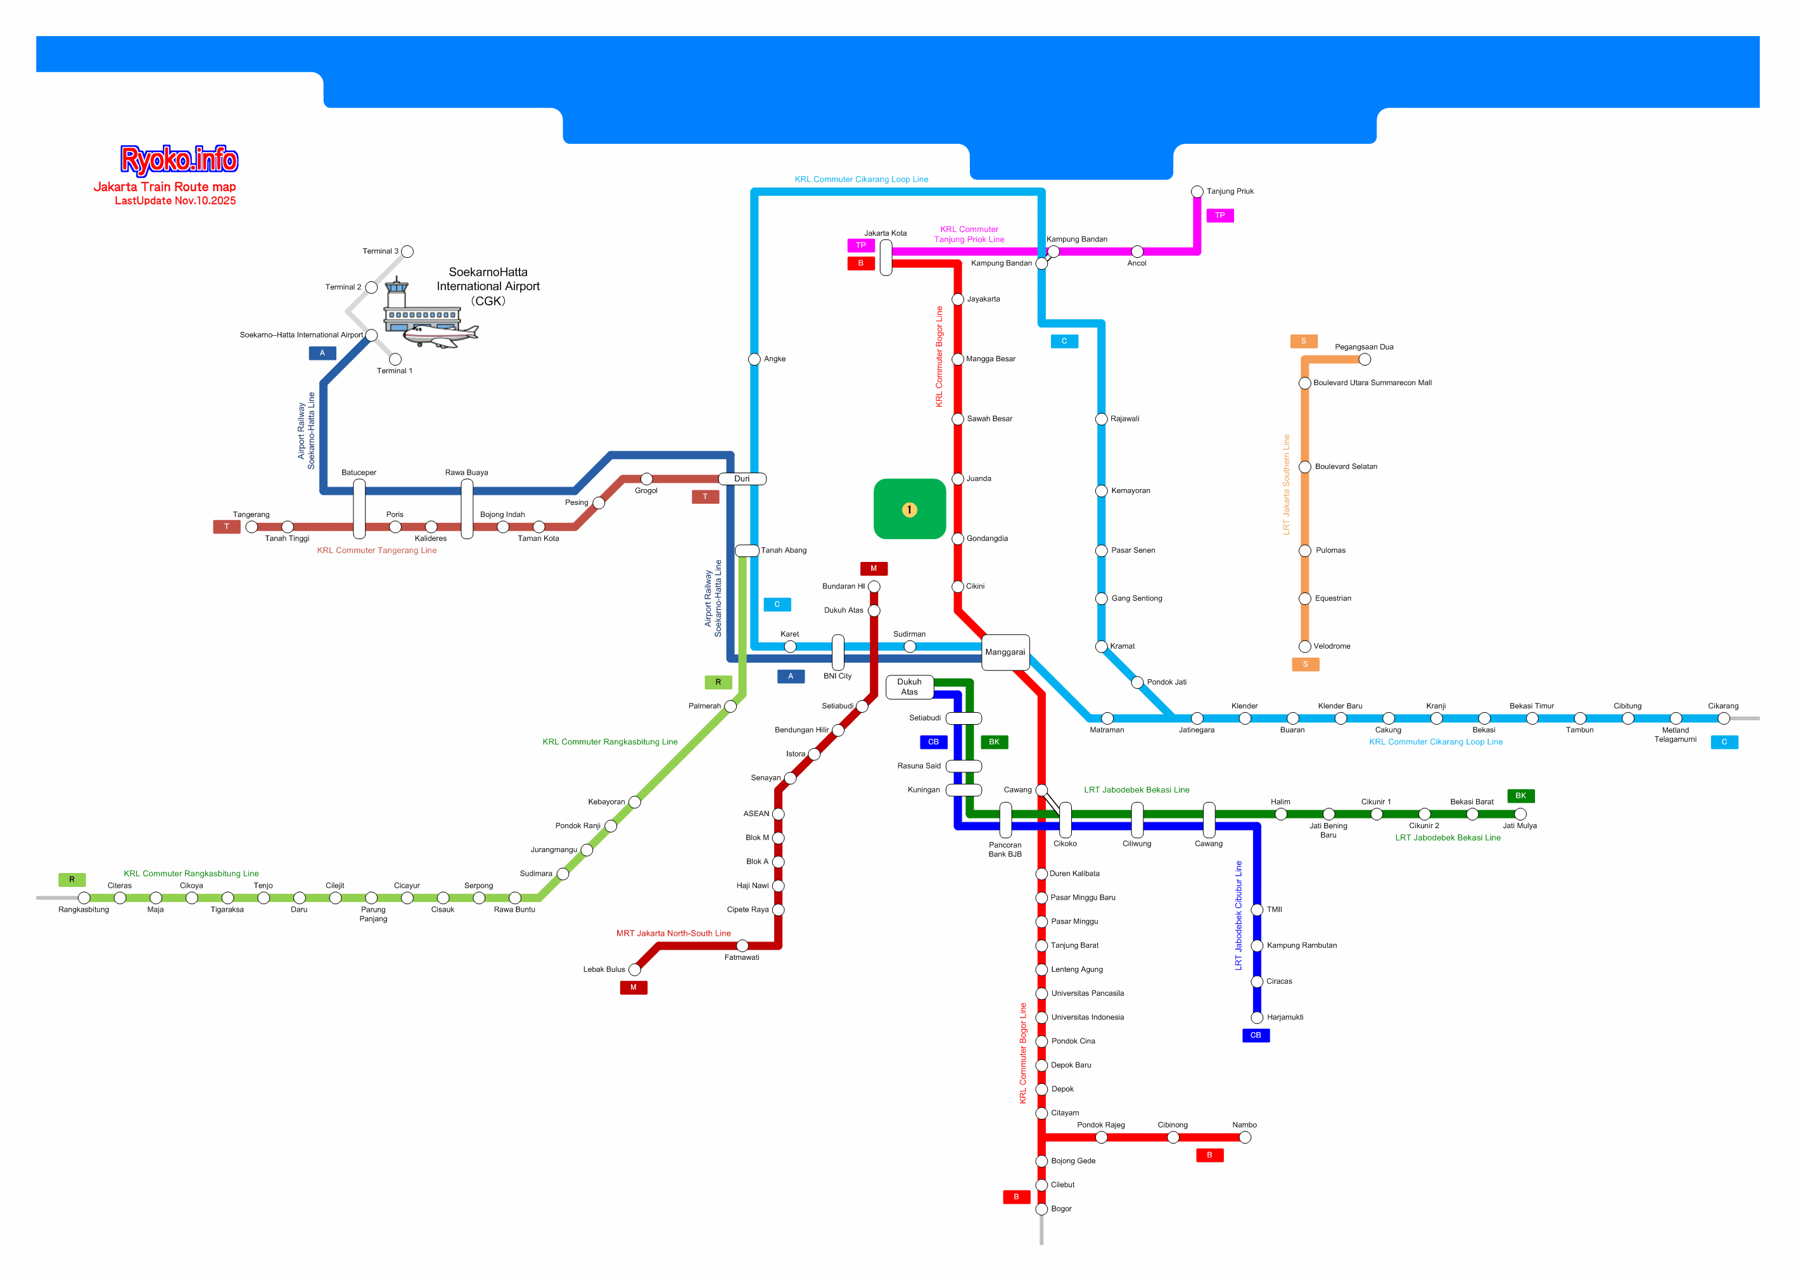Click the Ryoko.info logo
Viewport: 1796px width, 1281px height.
coord(179,160)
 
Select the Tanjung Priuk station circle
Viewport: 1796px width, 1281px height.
coord(1197,192)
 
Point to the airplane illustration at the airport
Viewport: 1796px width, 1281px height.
coord(440,335)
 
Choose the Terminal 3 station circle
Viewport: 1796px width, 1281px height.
coord(407,252)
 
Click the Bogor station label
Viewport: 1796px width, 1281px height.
coord(1061,1208)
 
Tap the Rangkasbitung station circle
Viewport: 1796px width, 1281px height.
coord(84,898)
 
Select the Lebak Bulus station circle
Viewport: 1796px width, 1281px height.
coord(634,969)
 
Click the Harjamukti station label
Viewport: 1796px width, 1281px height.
coord(1285,1017)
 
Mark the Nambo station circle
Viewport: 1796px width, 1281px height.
coord(1245,1137)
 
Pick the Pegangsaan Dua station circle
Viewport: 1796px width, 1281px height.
coord(1365,360)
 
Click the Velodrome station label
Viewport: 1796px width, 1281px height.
coord(1332,647)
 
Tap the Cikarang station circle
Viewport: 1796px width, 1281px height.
coord(1723,718)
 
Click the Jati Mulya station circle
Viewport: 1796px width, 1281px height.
coord(1520,814)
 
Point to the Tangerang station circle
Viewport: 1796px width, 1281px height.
coord(252,527)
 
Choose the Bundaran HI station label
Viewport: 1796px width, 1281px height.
coord(843,587)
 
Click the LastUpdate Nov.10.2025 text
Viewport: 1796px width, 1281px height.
coord(175,201)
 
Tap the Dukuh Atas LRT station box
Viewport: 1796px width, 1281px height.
coord(910,687)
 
